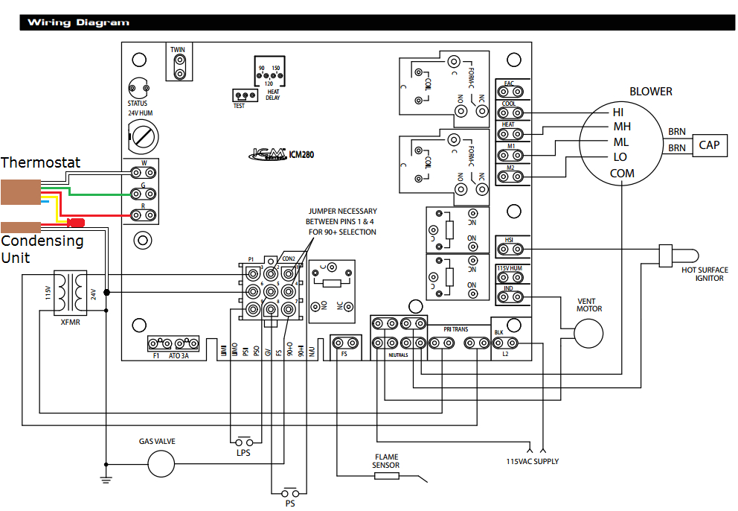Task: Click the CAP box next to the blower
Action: click(709, 145)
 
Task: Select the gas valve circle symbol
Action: click(160, 466)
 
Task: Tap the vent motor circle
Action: click(588, 332)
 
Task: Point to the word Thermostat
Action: click(40, 162)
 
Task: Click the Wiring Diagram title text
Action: click(77, 22)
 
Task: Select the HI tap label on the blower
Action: click(617, 112)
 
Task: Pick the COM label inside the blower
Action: click(622, 173)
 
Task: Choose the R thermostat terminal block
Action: click(143, 215)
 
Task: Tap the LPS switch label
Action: click(243, 451)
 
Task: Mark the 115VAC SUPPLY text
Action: click(532, 461)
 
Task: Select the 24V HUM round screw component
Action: click(143, 136)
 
